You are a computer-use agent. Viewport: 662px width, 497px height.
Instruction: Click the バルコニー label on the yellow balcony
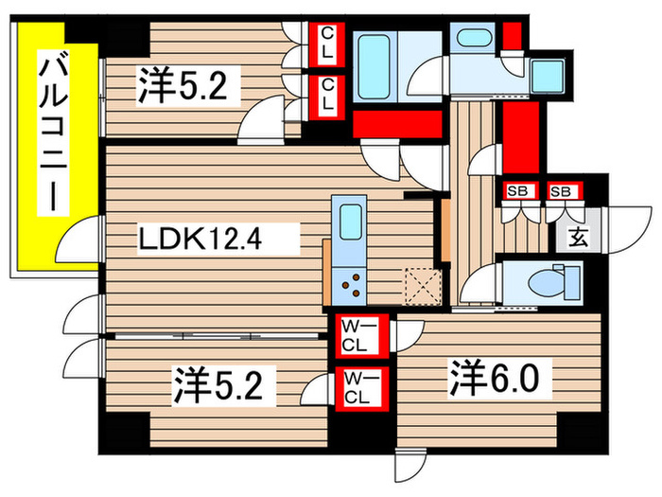[x=49, y=133]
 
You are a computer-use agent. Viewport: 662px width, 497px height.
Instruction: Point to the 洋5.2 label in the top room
[x=185, y=88]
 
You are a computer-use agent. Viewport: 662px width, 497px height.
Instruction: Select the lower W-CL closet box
[x=361, y=388]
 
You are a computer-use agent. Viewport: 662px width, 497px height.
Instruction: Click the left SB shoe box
[x=518, y=192]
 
